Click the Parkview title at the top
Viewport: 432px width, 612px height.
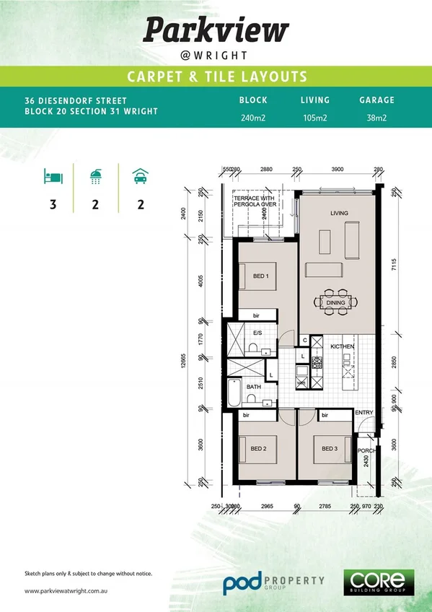tap(216, 30)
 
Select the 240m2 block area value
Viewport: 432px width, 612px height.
tap(253, 118)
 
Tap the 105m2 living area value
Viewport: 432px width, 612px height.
tap(314, 118)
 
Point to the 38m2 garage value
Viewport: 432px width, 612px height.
tap(376, 118)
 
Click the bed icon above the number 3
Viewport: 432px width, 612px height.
tap(53, 176)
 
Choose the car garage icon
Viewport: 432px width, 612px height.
tap(140, 176)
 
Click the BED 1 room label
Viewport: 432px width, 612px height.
tap(260, 276)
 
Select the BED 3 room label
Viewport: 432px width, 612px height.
tap(330, 449)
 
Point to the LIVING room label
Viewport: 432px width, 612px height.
tap(339, 214)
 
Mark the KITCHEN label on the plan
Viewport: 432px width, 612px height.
tap(343, 347)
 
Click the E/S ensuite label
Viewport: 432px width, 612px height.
tap(257, 333)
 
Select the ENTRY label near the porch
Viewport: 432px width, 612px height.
tap(364, 413)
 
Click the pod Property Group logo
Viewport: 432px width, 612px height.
tap(273, 582)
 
